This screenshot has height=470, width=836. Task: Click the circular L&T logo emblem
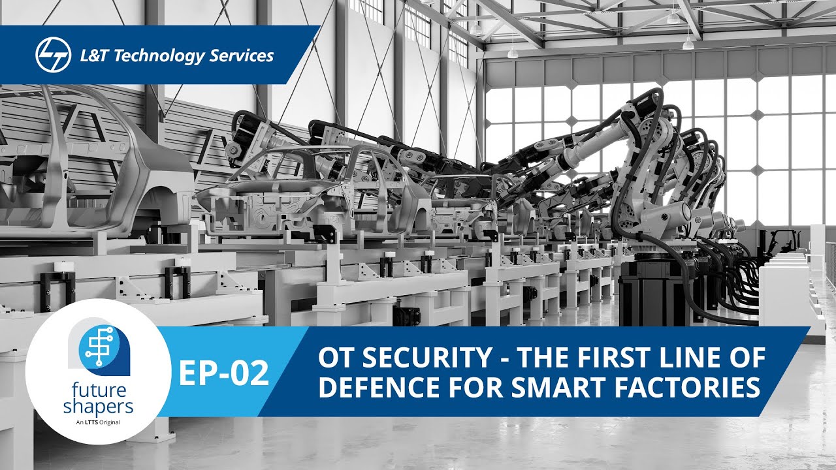[53, 55]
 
